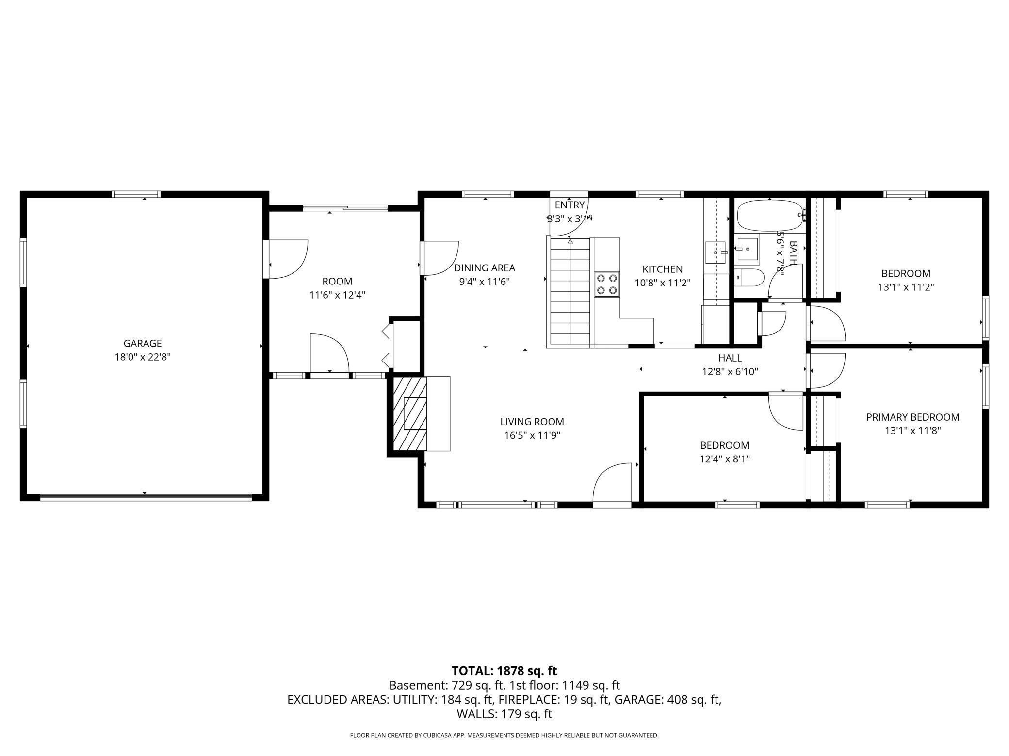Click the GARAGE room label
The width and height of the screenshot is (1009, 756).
pyautogui.click(x=142, y=343)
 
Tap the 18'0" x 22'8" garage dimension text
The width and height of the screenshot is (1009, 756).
pyautogui.click(x=142, y=357)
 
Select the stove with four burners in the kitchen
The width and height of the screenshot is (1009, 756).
pyautogui.click(x=607, y=284)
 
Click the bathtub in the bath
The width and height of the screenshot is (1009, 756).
pyautogui.click(x=769, y=216)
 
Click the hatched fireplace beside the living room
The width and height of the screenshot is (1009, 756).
pyautogui.click(x=410, y=415)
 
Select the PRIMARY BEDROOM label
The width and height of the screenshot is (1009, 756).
pyautogui.click(x=912, y=417)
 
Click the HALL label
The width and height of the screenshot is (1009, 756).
pyautogui.click(x=730, y=358)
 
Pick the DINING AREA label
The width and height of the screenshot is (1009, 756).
pyautogui.click(x=484, y=268)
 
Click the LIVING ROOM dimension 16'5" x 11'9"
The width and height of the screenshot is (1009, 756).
pyautogui.click(x=532, y=435)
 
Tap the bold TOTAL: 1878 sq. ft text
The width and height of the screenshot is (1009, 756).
pyautogui.click(x=504, y=671)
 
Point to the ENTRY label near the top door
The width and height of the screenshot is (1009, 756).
pyautogui.click(x=570, y=205)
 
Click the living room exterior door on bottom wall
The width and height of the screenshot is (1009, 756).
pyautogui.click(x=612, y=485)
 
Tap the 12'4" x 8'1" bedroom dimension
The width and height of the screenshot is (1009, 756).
pyautogui.click(x=724, y=459)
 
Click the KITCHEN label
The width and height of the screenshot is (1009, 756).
pyautogui.click(x=662, y=269)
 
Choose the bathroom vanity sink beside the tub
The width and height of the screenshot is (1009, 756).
pyautogui.click(x=746, y=249)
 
